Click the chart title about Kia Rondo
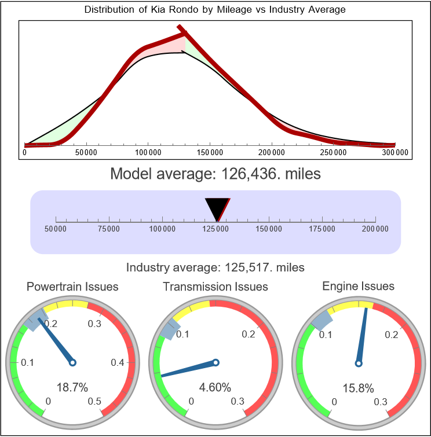[x=215, y=10]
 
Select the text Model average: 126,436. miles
[x=215, y=174]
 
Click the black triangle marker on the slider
[x=217, y=208]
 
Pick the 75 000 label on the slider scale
[x=109, y=229]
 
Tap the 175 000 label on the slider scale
[x=322, y=229]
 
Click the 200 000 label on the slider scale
[x=375, y=229]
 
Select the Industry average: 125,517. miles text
[x=215, y=267]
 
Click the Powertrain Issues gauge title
[x=72, y=287]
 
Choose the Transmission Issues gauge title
[x=216, y=287]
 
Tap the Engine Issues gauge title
[x=358, y=286]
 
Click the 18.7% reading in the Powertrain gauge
[x=72, y=387]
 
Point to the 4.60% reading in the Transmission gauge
[x=216, y=387]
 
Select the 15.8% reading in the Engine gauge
[x=358, y=387]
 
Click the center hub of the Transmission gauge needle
[x=216, y=363]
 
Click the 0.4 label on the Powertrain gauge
[x=119, y=363]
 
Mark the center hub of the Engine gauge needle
[x=358, y=363]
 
